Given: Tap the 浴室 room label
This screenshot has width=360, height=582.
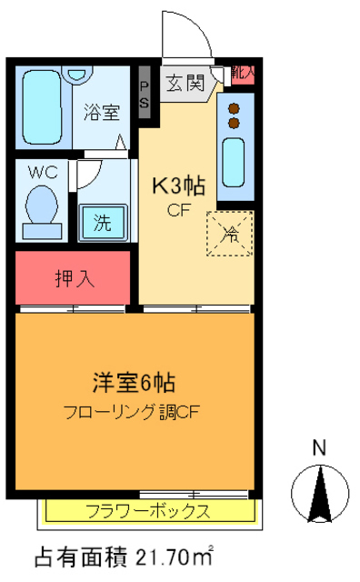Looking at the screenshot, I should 102,113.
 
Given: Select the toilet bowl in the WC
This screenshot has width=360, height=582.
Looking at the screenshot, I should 42,204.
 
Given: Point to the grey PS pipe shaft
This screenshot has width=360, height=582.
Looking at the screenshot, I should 145,92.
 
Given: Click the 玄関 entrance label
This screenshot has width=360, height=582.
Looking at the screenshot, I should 185,84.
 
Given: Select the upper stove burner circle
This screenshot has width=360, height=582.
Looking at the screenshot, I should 234,106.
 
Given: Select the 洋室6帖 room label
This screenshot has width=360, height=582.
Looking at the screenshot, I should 133,380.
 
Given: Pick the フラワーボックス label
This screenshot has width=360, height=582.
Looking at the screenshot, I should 147,510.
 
